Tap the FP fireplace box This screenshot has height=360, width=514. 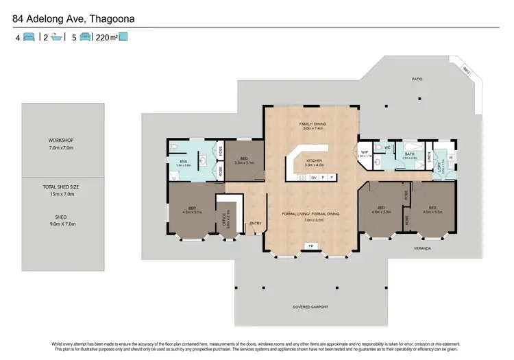pos(310,245)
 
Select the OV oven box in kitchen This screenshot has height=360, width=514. pos(313,177)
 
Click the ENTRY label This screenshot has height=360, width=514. pos(256,223)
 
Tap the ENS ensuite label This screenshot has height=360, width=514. pos(183,162)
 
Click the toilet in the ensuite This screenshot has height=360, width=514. pos(175,147)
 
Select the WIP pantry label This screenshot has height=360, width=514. pos(365,152)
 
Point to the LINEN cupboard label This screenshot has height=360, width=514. pos(430,160)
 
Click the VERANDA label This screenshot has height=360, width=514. pos(421,248)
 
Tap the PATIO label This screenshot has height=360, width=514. pos(417,79)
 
